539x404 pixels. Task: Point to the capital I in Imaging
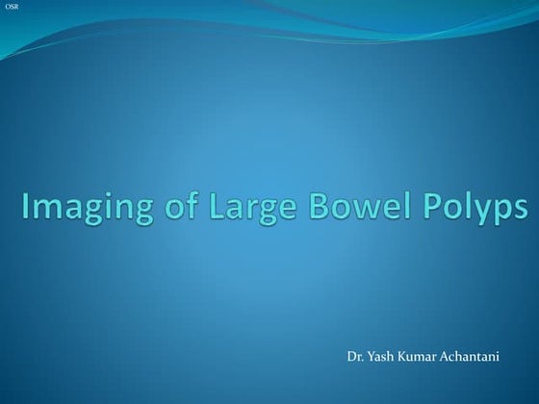click(x=26, y=207)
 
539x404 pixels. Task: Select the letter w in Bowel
click(x=358, y=209)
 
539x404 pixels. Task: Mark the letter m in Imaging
click(x=46, y=209)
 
